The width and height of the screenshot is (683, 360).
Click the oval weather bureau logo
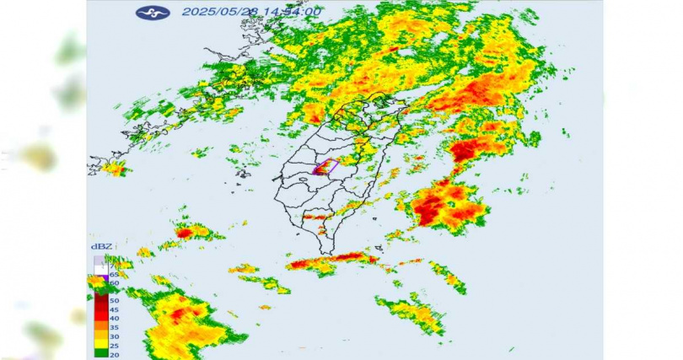coord(153,13)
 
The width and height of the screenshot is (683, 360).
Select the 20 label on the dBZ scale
coord(113,354)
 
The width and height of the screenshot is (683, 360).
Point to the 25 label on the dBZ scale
coord(113,345)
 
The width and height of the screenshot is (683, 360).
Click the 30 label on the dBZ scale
coord(113,336)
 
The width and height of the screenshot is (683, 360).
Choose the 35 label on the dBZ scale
coord(113,327)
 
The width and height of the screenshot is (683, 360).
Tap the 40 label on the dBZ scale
coord(113,318)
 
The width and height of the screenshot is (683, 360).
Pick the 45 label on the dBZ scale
coord(113,309)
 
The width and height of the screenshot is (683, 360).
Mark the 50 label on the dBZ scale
coord(113,299)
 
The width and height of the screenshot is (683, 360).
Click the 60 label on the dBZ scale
coord(113,283)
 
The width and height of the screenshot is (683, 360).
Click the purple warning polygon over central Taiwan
coord(325,167)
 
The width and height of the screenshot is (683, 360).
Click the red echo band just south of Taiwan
coord(341,258)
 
